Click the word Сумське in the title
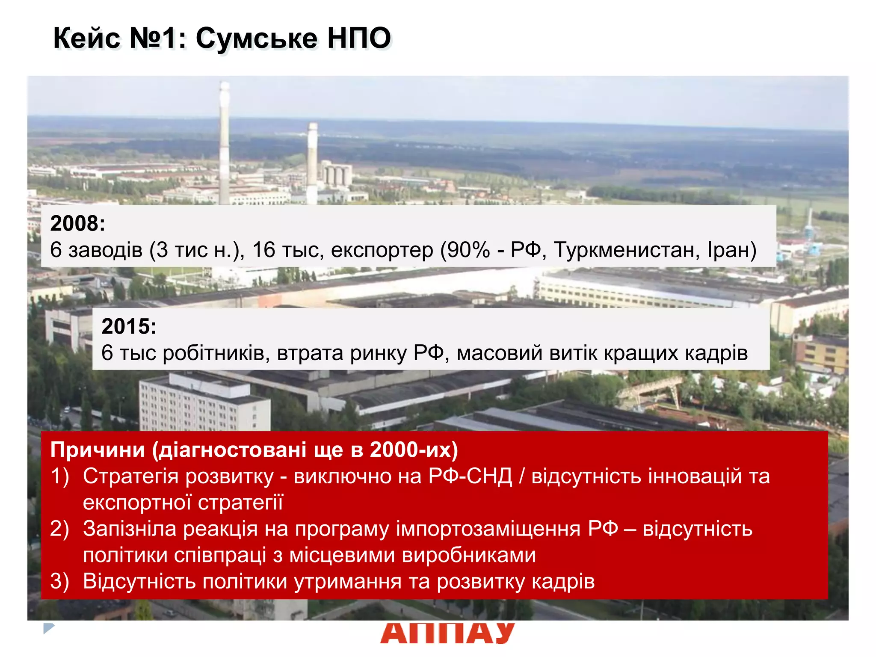coord(257,38)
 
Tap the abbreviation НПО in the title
coord(359,38)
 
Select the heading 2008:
coord(77,223)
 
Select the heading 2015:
coord(129,326)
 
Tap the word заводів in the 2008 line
coord(105,250)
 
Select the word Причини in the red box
coord(98,450)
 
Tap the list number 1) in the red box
coord(59,476)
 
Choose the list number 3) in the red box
coord(59,581)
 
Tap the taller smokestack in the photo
coord(224,141)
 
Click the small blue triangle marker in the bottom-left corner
coord(48,628)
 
